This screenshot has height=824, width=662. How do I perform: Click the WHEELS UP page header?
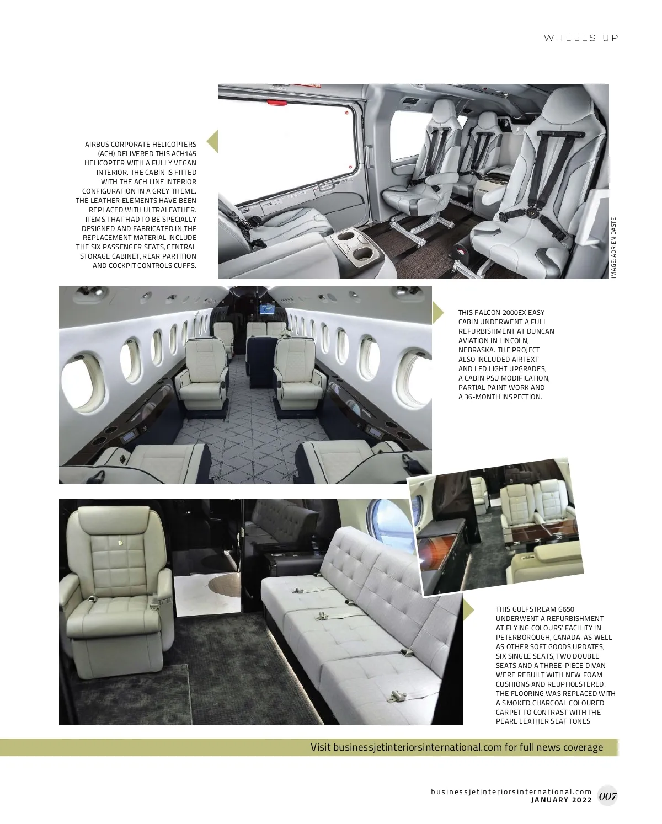coord(581,38)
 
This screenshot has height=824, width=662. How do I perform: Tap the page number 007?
coord(607,796)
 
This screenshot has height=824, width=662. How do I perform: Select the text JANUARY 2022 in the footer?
coord(561,800)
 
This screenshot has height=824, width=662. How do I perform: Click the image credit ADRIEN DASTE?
coord(613,248)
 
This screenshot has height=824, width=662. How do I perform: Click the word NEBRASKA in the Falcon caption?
coord(476,350)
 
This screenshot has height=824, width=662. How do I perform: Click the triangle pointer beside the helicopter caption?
coord(212,141)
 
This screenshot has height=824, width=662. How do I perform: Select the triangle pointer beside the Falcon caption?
coord(437,312)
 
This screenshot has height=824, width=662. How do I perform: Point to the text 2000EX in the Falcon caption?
coord(515,313)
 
